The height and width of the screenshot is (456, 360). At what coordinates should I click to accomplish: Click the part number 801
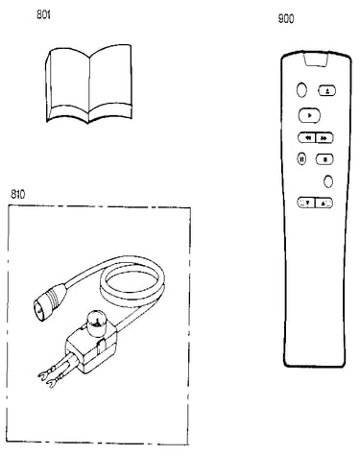(x=43, y=14)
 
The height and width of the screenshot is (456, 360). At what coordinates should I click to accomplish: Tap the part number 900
(x=286, y=19)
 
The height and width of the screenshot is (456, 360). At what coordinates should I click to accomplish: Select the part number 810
(x=17, y=194)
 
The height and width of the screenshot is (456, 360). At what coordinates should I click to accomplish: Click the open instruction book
(x=89, y=84)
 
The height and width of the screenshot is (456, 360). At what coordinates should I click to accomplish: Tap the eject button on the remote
(x=327, y=91)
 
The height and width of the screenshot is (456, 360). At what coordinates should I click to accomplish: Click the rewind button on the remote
(x=307, y=138)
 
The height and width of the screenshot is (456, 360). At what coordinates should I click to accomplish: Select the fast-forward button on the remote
(x=324, y=138)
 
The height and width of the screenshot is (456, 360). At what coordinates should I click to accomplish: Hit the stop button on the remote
(x=324, y=159)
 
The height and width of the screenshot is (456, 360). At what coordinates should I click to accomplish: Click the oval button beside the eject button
(x=301, y=90)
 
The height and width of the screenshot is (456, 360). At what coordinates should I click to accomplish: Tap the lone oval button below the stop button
(x=328, y=181)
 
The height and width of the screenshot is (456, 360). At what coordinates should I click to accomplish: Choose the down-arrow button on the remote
(x=306, y=203)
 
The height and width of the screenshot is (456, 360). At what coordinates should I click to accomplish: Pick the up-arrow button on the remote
(x=324, y=203)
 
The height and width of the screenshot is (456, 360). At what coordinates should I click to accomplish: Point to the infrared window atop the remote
(x=316, y=60)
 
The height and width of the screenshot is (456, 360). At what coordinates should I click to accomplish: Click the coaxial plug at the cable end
(x=49, y=299)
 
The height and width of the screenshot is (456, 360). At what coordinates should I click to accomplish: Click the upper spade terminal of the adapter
(x=45, y=374)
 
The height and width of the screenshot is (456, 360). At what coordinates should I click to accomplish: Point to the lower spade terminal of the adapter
(x=53, y=382)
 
